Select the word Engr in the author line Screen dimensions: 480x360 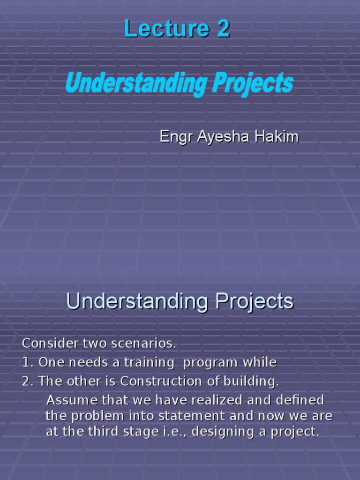(176, 137)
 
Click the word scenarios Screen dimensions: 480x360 (144, 344)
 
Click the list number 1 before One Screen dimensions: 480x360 (25, 363)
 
